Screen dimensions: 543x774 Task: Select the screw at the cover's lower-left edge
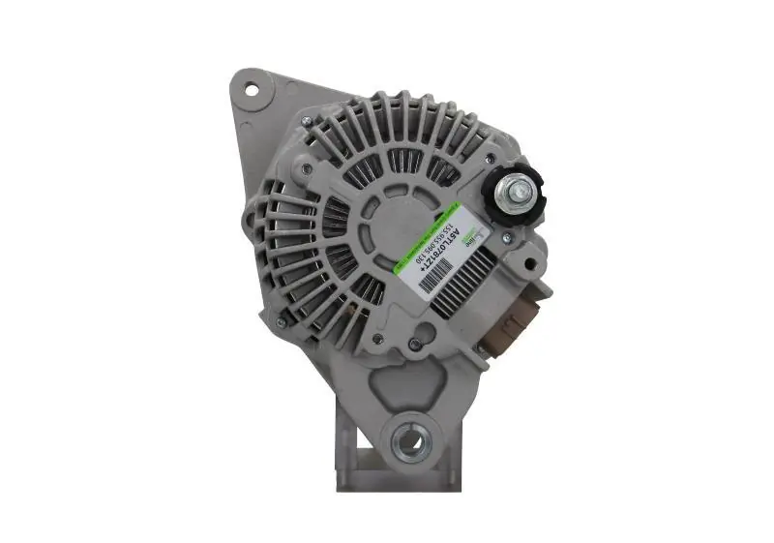tap(282, 322)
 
